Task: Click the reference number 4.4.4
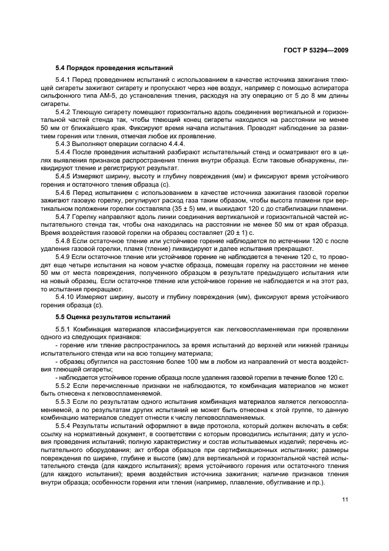tap(161, 144)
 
